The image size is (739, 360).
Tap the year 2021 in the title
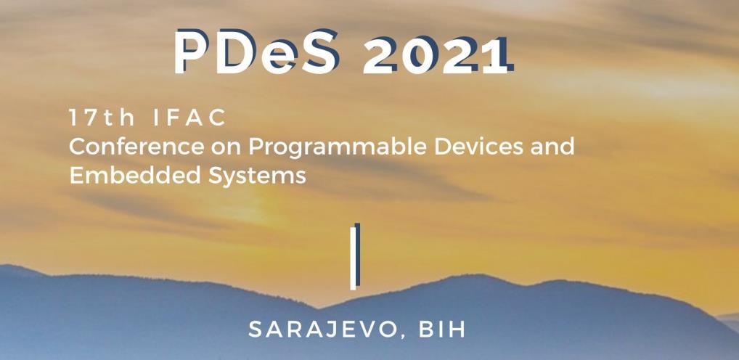435,55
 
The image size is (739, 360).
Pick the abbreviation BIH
441,329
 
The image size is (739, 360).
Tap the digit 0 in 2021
419,55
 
